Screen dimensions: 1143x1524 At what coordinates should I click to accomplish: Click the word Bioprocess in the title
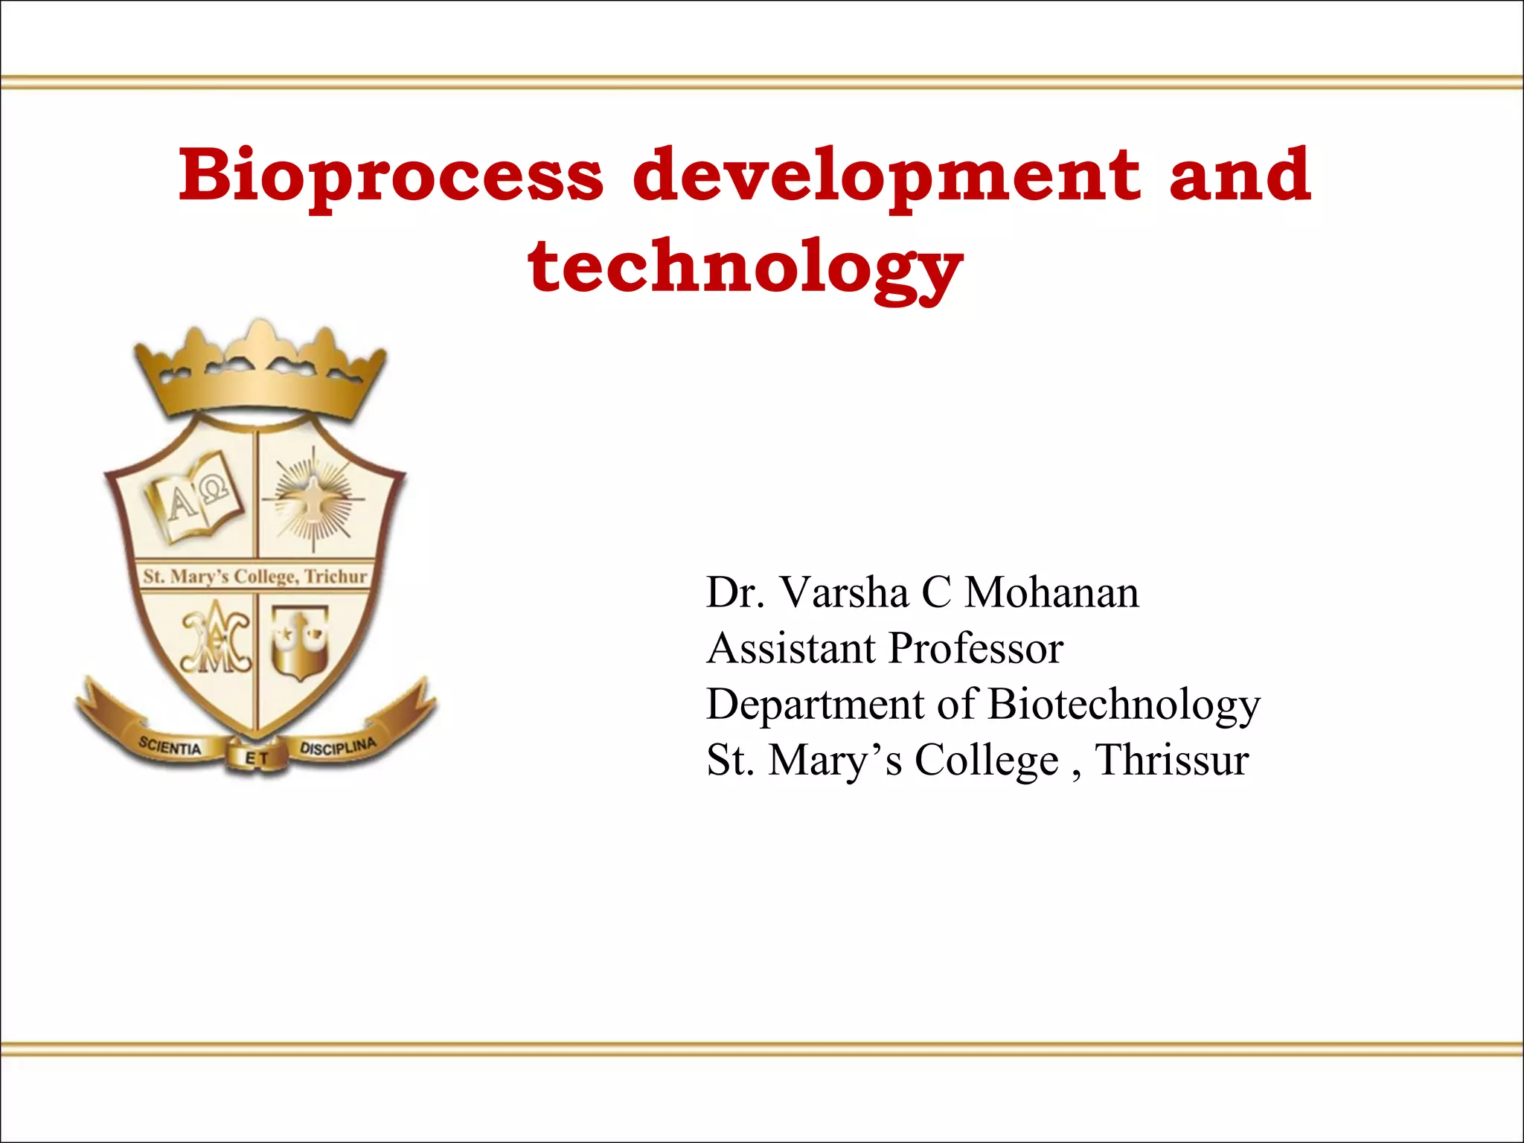[390, 176]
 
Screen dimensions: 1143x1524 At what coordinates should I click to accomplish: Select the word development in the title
[886, 176]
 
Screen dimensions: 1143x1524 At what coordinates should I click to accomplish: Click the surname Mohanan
[1051, 593]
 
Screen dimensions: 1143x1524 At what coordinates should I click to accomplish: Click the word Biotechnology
[1124, 705]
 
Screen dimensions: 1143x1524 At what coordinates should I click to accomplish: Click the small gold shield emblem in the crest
[299, 641]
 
